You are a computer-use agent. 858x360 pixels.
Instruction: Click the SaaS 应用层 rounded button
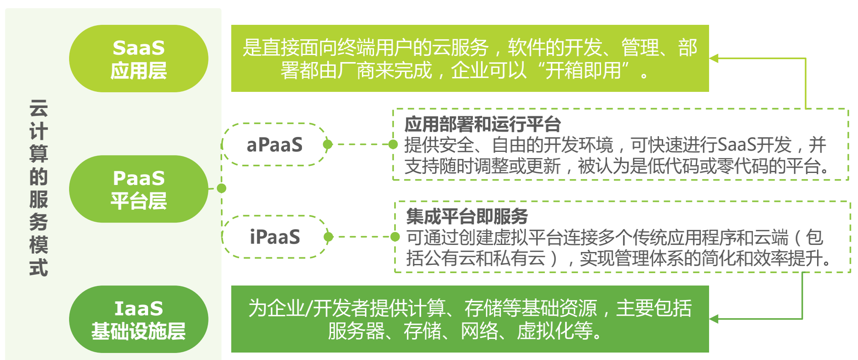click(x=139, y=58)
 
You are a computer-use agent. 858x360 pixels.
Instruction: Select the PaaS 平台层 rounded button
click(x=139, y=189)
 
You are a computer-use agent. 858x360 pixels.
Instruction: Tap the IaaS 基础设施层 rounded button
click(x=139, y=319)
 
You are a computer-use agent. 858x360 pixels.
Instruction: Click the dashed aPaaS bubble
click(x=275, y=144)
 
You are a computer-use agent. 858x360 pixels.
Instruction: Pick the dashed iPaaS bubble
click(x=275, y=237)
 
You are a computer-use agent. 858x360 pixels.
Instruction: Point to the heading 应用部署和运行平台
click(x=482, y=124)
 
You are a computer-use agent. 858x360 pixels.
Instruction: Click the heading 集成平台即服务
click(x=467, y=216)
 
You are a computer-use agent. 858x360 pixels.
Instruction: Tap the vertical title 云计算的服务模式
click(x=38, y=188)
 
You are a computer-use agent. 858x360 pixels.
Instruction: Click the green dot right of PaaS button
click(x=222, y=188)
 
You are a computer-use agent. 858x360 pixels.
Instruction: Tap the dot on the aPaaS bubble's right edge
click(x=328, y=144)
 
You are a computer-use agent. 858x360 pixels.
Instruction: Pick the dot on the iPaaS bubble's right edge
click(x=328, y=237)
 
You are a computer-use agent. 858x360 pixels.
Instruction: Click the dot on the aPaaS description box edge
click(x=393, y=144)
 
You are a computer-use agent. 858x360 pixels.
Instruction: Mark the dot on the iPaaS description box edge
click(x=395, y=237)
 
